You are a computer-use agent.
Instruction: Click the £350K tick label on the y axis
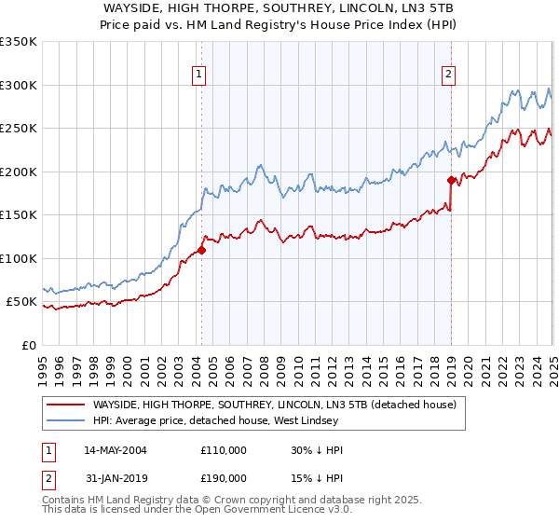point(19,42)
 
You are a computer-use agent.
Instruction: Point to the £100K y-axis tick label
point(19,258)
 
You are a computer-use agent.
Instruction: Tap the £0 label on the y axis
point(30,345)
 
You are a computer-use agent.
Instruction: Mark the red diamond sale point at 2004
point(201,250)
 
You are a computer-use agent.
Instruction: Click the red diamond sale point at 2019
point(451,180)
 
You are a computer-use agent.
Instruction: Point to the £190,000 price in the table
point(224,478)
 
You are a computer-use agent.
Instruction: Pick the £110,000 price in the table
point(224,450)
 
